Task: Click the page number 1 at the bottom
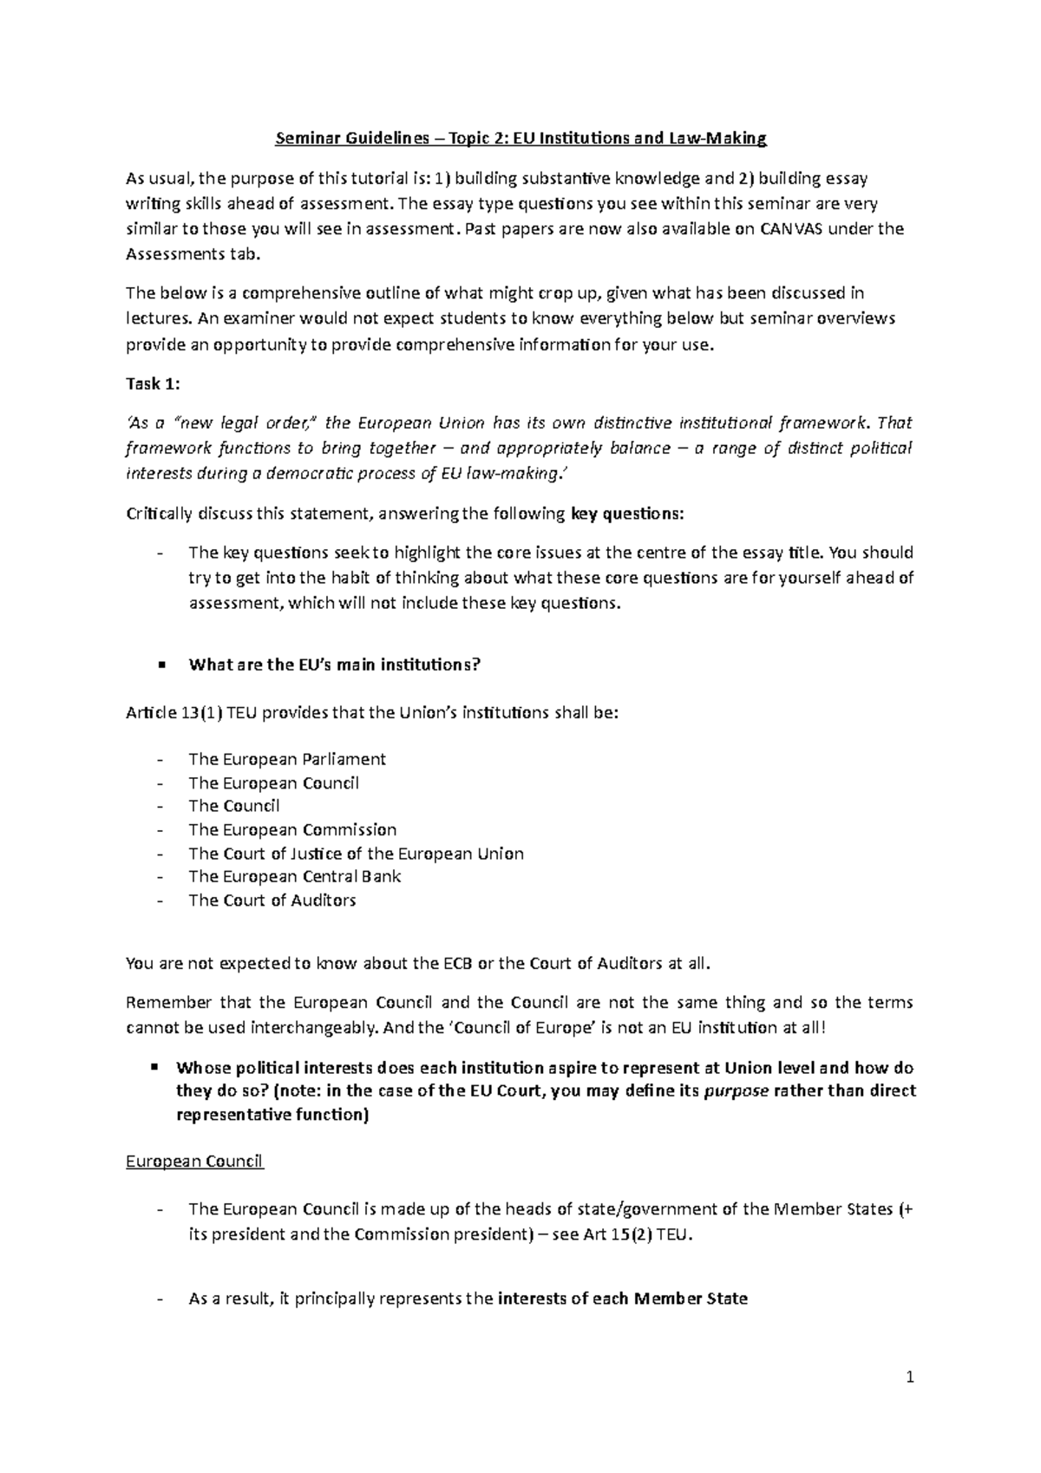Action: pyautogui.click(x=910, y=1377)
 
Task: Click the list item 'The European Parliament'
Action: pyautogui.click(x=286, y=759)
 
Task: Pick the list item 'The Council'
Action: pyautogui.click(x=234, y=806)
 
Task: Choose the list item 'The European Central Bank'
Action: pyautogui.click(x=294, y=876)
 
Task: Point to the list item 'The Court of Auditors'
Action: pyautogui.click(x=272, y=900)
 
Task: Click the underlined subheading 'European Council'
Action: pyautogui.click(x=194, y=1161)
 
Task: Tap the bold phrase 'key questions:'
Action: pyautogui.click(x=627, y=514)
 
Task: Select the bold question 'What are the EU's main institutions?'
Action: pyautogui.click(x=334, y=664)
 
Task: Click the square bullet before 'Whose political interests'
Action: pyautogui.click(x=154, y=1066)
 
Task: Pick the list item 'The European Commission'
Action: pyautogui.click(x=292, y=829)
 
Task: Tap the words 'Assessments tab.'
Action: pyautogui.click(x=192, y=254)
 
